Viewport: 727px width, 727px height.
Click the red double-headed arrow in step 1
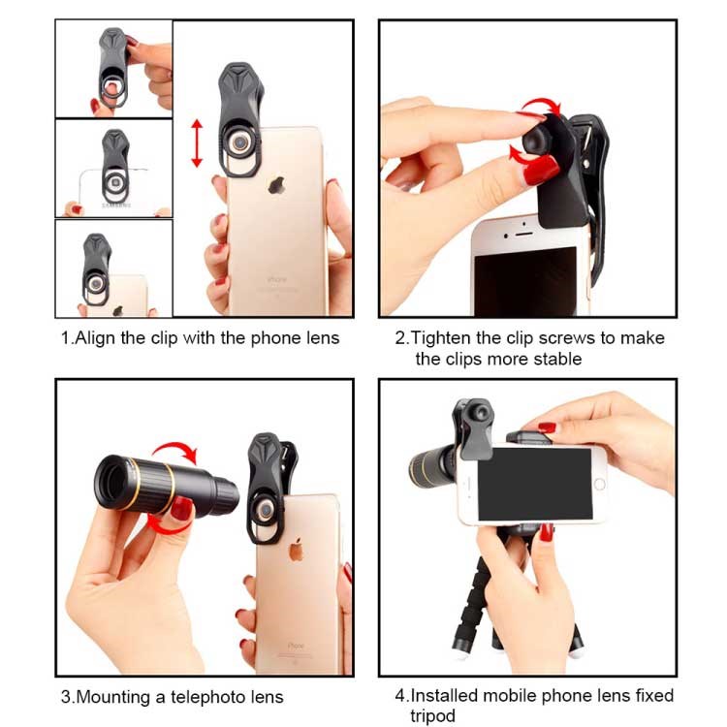197,142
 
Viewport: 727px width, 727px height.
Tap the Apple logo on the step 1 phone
276,184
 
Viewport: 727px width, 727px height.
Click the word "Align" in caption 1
95,338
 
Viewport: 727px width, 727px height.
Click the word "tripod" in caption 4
432,716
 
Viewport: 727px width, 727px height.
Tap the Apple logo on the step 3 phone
296,550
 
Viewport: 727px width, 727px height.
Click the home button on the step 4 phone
599,485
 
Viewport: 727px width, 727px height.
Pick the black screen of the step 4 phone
534,484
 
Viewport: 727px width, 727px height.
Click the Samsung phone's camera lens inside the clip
114,182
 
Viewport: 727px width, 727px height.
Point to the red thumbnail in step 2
541,170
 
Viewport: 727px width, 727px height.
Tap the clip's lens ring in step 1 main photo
240,142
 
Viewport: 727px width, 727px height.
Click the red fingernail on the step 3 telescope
181,509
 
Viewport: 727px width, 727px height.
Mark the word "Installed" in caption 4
444,696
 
